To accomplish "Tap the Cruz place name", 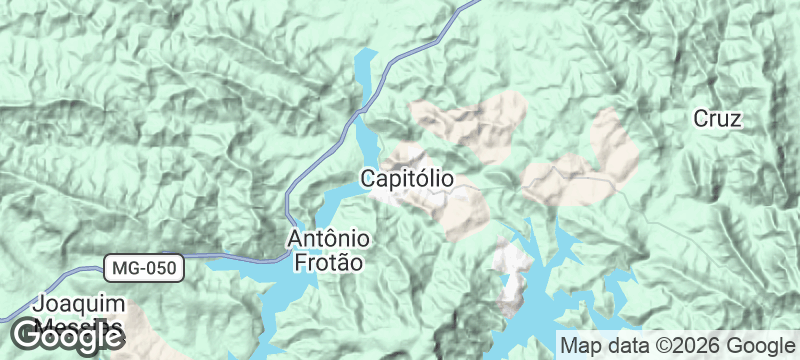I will (x=717, y=118).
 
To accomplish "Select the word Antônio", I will (x=329, y=240).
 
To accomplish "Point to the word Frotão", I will (x=329, y=262).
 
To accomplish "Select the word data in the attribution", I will (x=622, y=346).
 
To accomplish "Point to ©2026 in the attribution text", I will (x=679, y=346).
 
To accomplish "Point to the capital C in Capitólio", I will (x=366, y=180).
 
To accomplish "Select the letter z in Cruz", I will (x=735, y=119).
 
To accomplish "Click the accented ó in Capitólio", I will (x=424, y=179).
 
